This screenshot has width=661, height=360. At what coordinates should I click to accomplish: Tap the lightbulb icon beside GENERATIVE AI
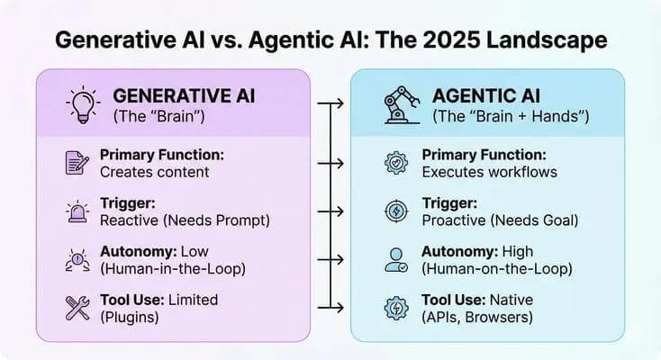(x=84, y=105)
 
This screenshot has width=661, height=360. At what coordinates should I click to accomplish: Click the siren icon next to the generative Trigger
(x=77, y=212)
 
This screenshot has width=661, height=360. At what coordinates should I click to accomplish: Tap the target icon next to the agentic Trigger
(x=396, y=211)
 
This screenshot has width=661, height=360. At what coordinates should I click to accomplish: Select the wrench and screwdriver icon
(x=77, y=308)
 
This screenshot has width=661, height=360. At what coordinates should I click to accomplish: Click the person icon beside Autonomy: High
(x=396, y=260)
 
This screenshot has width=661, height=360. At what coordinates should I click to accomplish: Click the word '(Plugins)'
(x=130, y=316)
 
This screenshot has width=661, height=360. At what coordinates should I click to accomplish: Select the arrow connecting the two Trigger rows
(x=331, y=212)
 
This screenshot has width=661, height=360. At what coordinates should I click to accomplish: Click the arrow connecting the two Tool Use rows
(x=331, y=308)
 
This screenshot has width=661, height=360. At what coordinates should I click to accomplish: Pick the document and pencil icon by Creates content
(x=77, y=163)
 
